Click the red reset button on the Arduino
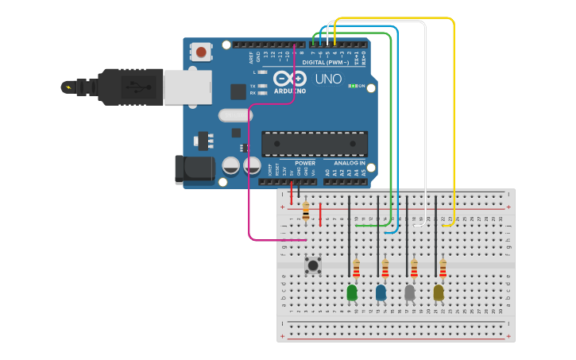coord(201,52)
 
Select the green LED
coord(352,293)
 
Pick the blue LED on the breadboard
coord(381,293)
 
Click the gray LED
coord(410,293)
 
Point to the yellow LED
coord(439,293)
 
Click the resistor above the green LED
coord(356,269)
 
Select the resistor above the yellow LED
coord(443,269)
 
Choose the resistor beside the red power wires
coord(306,211)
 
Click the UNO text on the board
coord(328,79)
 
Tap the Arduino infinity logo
coord(290,78)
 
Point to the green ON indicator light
coord(352,85)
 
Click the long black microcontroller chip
coord(315,144)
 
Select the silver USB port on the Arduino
coord(187,87)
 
